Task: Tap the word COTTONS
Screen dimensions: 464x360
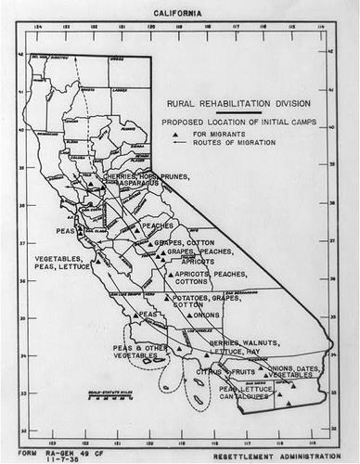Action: pos(191,281)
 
